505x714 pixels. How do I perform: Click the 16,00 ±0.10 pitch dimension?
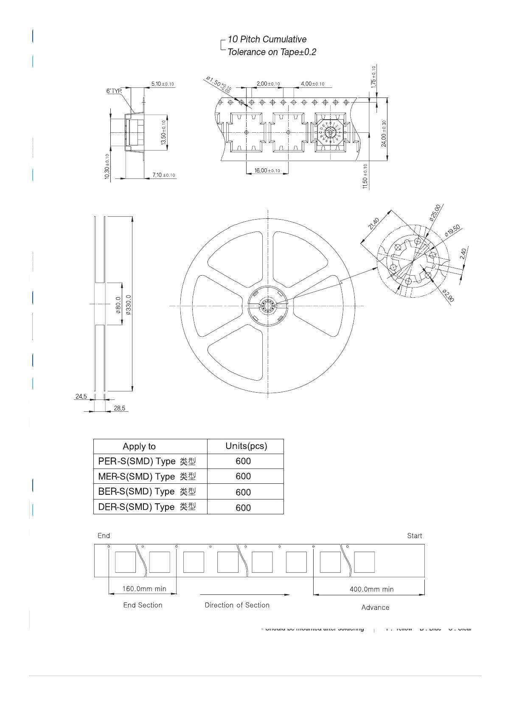(267, 170)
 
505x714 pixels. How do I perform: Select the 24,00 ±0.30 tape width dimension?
(384, 134)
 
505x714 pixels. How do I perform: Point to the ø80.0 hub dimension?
(118, 305)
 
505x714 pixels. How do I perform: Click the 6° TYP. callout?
(114, 91)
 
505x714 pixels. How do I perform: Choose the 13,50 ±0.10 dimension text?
(163, 132)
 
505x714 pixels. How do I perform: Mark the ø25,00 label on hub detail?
(435, 213)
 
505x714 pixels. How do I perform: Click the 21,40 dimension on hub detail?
(374, 223)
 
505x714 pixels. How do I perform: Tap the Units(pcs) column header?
(246, 446)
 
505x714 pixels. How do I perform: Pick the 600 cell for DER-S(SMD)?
(243, 508)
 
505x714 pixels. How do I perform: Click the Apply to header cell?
(139, 446)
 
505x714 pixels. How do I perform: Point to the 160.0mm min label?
(144, 588)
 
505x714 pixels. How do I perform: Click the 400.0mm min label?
(371, 589)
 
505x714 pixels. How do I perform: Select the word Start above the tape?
(414, 535)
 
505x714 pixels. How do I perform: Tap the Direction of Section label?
(237, 605)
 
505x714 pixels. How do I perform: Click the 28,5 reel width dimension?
(119, 408)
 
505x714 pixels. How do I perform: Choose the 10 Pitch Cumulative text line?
(267, 39)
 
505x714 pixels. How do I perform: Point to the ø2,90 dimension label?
(448, 296)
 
